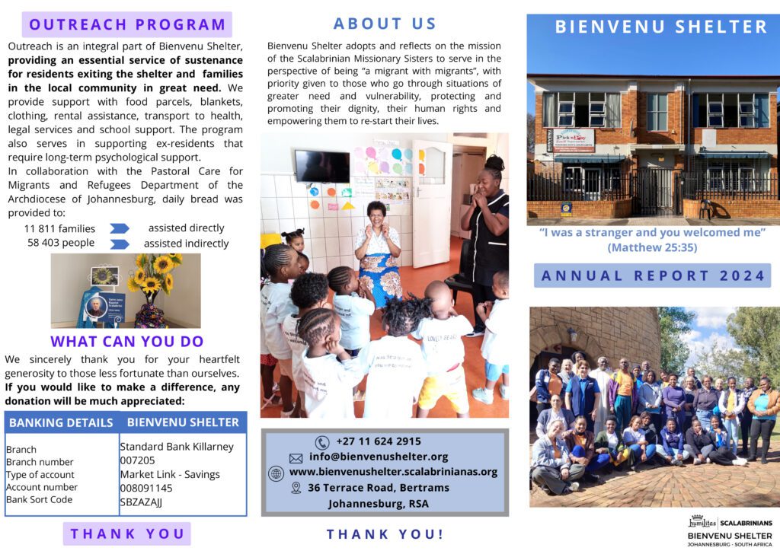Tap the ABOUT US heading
[385, 24]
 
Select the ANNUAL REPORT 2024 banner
[653, 275]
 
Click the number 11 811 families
[60, 228]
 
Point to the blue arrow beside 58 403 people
[120, 244]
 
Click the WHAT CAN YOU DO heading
[126, 342]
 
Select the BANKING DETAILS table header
[61, 422]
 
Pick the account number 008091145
[146, 488]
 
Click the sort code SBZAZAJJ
[141, 502]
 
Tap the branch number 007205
[137, 460]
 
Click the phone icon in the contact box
[322, 442]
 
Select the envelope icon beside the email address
[296, 457]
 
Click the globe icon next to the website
[276, 473]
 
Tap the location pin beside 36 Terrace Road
[296, 488]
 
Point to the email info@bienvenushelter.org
[379, 457]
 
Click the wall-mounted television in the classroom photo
[321, 165]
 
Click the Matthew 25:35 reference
[653, 247]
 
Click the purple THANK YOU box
[127, 533]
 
